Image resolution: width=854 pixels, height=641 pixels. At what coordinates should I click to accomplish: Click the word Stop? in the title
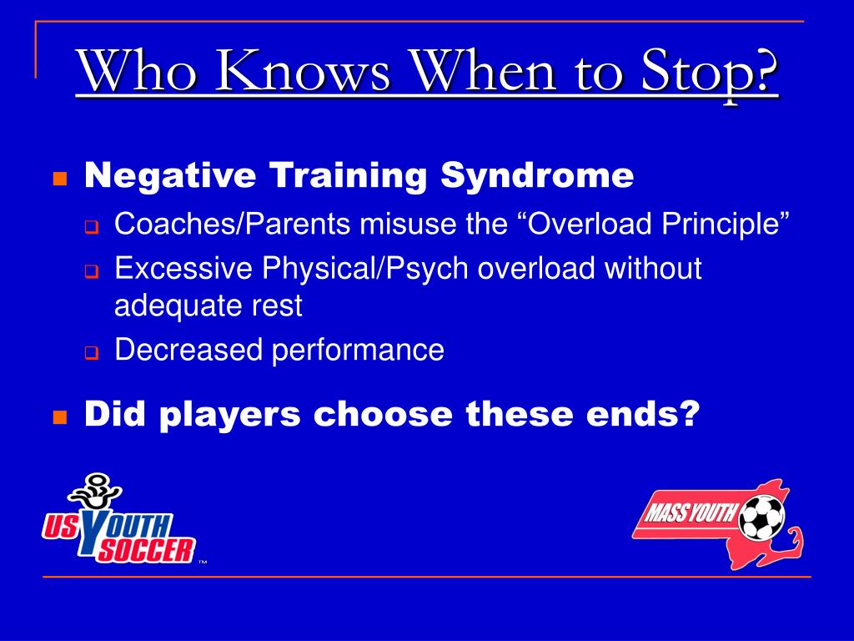709,70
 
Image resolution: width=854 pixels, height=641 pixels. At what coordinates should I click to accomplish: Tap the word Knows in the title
302,70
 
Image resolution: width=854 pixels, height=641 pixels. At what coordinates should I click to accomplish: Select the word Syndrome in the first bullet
537,175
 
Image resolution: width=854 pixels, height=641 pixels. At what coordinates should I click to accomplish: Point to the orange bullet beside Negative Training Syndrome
60,179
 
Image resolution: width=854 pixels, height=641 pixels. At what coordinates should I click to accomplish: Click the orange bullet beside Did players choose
60,417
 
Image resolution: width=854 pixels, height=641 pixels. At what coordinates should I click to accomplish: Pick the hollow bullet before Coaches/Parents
92,227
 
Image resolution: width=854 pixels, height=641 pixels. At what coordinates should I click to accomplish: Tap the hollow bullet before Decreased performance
92,353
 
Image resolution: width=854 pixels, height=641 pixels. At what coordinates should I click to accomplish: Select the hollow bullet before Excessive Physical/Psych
92,271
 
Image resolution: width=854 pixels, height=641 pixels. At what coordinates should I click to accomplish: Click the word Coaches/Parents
232,224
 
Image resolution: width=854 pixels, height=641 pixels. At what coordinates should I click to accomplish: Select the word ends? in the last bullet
643,414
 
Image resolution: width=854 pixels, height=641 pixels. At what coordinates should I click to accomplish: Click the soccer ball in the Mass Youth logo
761,517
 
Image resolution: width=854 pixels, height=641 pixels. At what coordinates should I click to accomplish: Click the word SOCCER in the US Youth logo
145,551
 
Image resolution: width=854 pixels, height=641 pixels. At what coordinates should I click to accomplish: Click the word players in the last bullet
230,416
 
